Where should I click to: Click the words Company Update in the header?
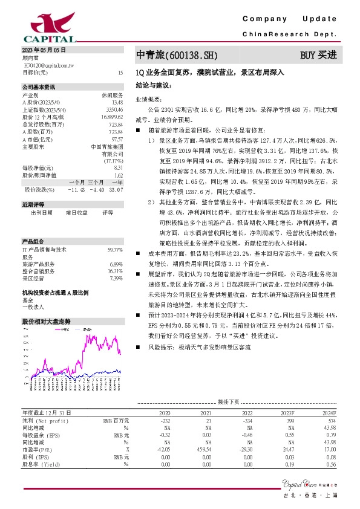pos(289,19)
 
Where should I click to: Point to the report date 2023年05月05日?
pos(44,49)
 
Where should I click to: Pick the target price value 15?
pos(120,72)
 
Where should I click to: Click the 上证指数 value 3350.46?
pos(114,109)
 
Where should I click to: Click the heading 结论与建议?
pos(154,85)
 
